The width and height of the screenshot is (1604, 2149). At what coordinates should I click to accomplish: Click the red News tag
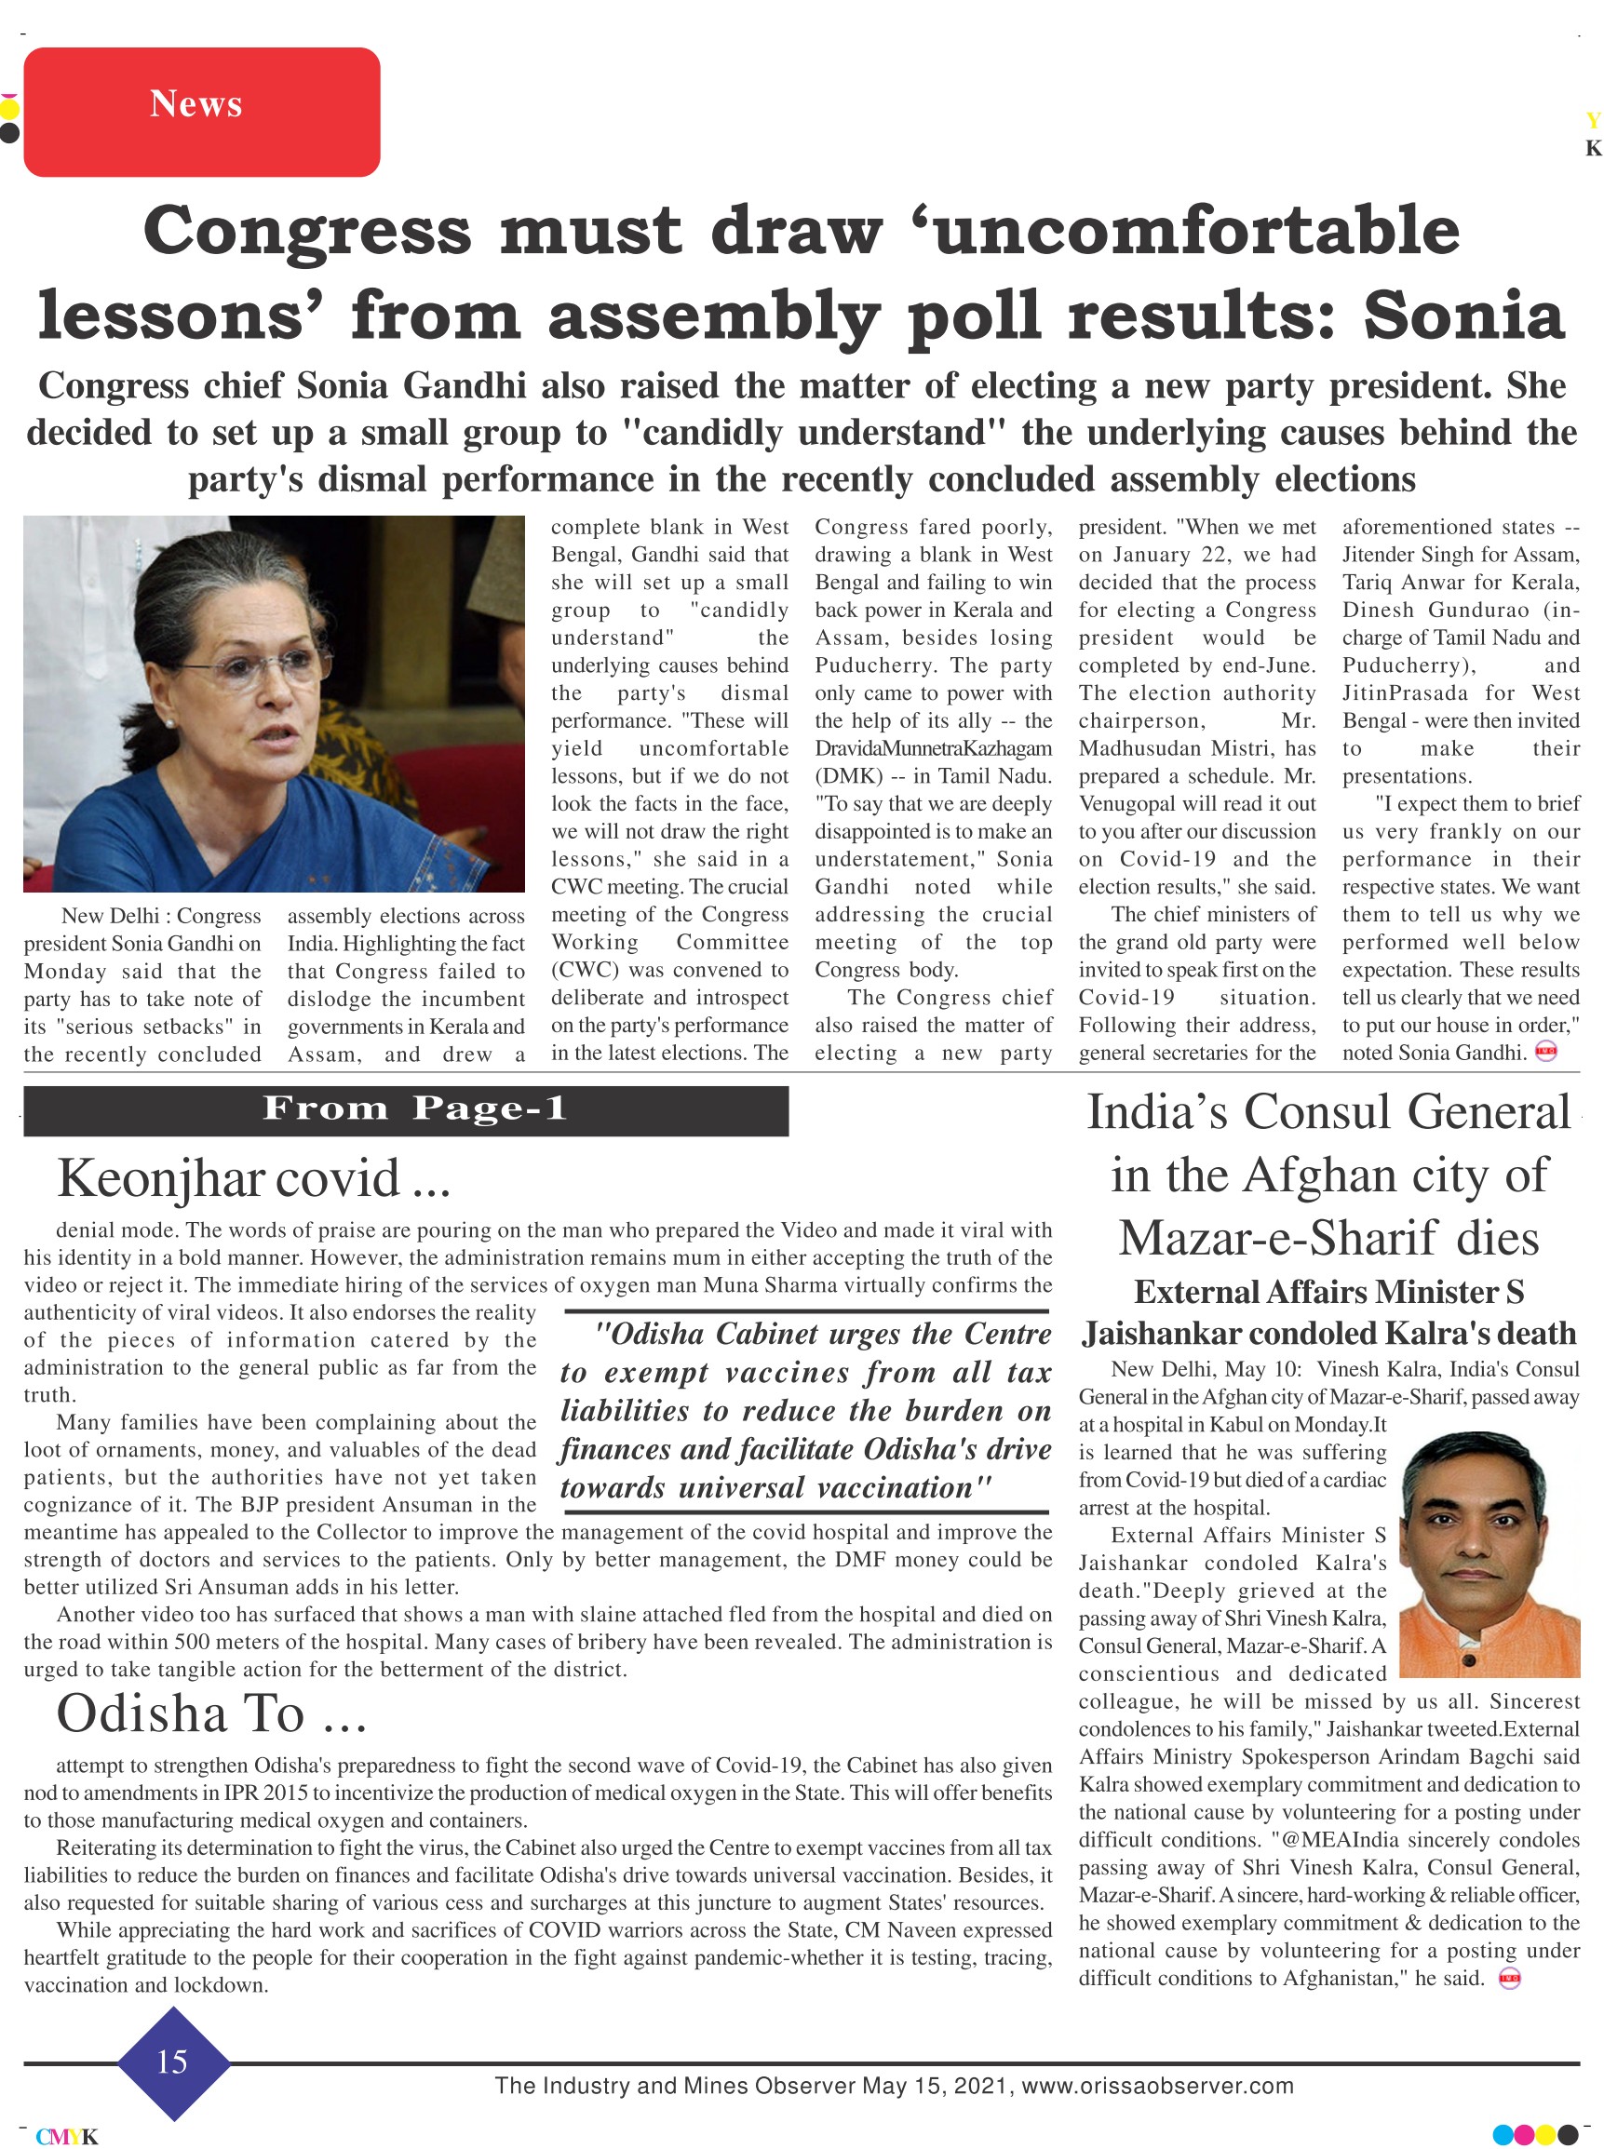click(201, 112)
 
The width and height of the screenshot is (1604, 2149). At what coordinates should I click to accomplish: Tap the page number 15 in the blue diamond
click(172, 2062)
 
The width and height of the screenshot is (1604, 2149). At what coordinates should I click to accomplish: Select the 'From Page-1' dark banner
click(406, 1109)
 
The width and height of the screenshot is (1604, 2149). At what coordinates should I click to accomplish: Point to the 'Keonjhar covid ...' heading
click(253, 1178)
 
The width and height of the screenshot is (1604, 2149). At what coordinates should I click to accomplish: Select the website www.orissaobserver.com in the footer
click(1156, 2086)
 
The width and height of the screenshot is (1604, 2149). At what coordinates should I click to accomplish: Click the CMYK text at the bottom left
click(67, 2136)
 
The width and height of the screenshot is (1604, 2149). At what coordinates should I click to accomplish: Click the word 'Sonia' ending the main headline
click(1463, 316)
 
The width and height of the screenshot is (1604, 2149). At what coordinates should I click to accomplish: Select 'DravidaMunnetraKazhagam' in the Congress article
click(933, 748)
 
